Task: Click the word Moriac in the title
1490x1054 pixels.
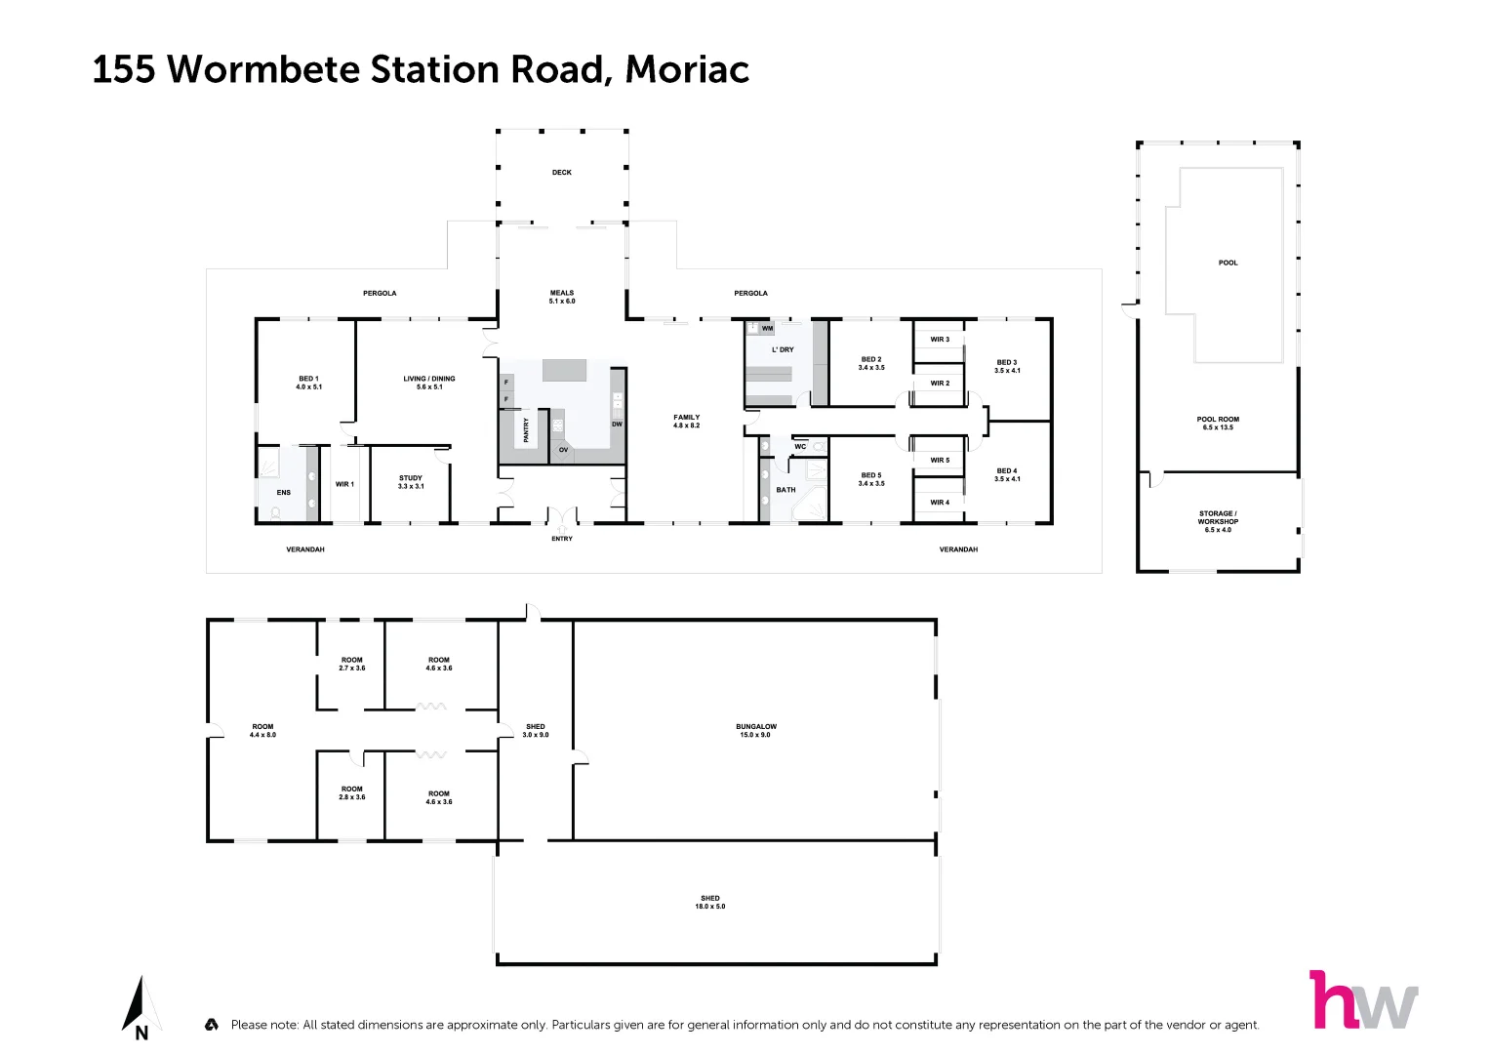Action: pyautogui.click(x=687, y=69)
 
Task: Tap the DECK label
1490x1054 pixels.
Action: pyautogui.click(x=562, y=173)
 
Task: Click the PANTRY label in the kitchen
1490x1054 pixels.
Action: pyautogui.click(x=526, y=430)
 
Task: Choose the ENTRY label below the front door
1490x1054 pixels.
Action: pyautogui.click(x=562, y=539)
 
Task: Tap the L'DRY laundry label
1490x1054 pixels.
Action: pyautogui.click(x=783, y=349)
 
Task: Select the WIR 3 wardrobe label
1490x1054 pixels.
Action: pyautogui.click(x=940, y=340)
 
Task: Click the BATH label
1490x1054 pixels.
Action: pyautogui.click(x=785, y=490)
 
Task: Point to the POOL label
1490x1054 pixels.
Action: pyautogui.click(x=1228, y=263)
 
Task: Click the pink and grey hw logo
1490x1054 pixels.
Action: pyautogui.click(x=1362, y=999)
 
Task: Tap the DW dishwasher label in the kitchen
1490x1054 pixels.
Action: pyautogui.click(x=617, y=425)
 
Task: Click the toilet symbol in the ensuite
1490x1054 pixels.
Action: pyautogui.click(x=276, y=511)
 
